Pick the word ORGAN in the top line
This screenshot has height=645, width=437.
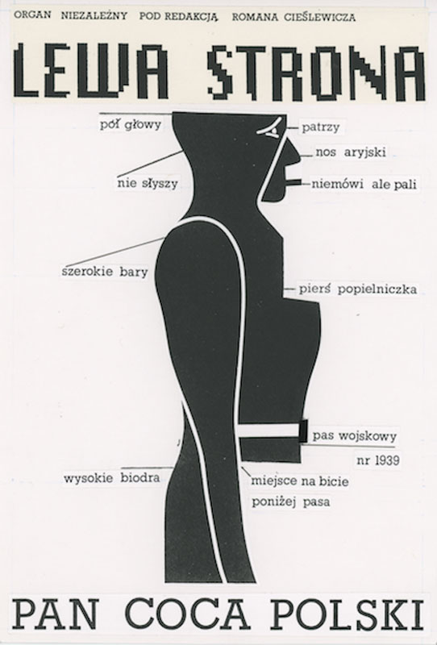[x=32, y=15]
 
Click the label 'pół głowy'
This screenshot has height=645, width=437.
[x=131, y=124]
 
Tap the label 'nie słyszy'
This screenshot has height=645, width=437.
[x=148, y=183]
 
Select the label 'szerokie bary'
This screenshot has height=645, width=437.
[x=105, y=272]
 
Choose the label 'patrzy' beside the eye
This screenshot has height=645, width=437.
[x=321, y=127]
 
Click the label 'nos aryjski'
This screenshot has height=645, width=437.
[x=351, y=152]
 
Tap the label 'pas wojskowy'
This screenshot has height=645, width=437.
[x=355, y=435]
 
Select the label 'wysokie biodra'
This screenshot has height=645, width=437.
[x=112, y=478]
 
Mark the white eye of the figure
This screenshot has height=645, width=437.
[x=270, y=129]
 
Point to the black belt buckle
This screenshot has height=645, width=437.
[x=303, y=431]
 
